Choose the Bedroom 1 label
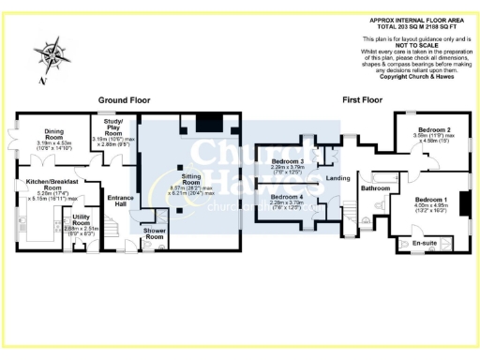click(431, 200)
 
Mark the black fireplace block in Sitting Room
click(206, 122)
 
